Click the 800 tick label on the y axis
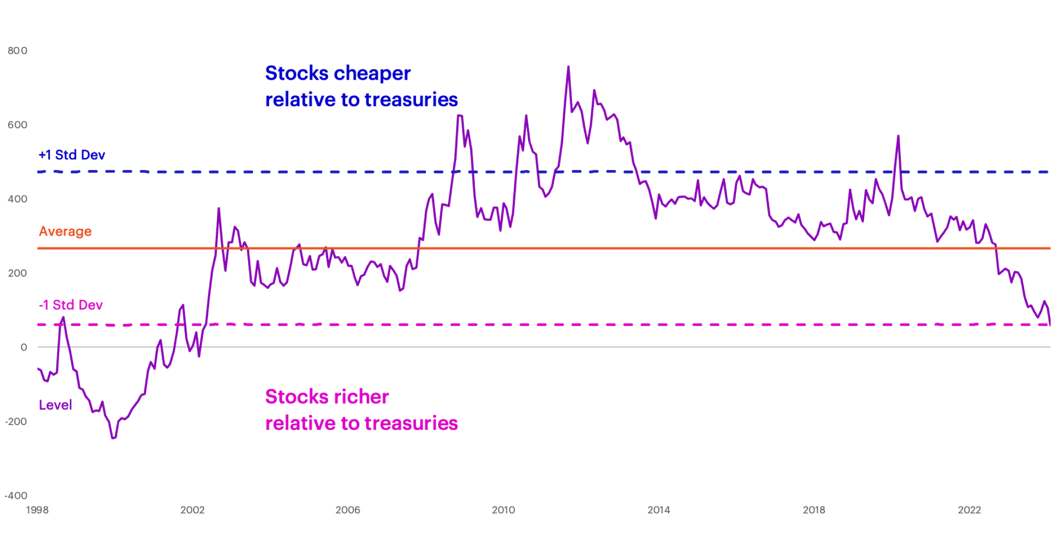[17, 51]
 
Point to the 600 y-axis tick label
[17, 125]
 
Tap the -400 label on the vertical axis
[16, 496]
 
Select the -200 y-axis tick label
[16, 421]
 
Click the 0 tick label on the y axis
[23, 348]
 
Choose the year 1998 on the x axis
[37, 510]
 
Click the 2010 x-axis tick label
[503, 510]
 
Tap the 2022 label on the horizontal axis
[969, 510]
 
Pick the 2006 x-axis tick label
[348, 510]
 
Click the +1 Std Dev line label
[72, 155]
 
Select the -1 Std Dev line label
[71, 305]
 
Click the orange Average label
[65, 231]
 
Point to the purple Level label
[55, 405]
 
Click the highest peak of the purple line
[568, 66]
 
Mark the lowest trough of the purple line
[113, 438]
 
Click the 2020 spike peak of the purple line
[898, 136]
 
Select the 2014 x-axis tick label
[658, 510]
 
